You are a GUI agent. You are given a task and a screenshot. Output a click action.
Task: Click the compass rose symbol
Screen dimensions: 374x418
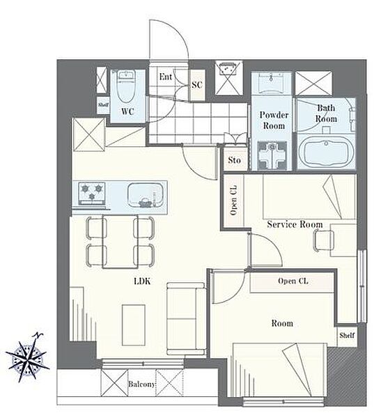(27, 358)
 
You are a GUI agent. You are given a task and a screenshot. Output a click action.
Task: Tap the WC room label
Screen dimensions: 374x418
(127, 111)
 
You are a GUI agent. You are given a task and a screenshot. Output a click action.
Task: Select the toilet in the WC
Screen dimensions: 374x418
(126, 87)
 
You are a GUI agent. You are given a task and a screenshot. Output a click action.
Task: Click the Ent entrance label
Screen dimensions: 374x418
(166, 77)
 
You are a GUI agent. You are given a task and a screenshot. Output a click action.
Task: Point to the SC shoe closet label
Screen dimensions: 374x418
(197, 85)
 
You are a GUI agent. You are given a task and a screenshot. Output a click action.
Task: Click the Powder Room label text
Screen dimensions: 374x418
(274, 121)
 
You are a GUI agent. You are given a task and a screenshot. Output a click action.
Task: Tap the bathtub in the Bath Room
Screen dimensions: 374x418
(326, 152)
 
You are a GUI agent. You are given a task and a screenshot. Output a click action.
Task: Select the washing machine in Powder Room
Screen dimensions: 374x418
(272, 155)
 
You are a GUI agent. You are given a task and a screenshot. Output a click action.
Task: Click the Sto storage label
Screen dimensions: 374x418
(234, 160)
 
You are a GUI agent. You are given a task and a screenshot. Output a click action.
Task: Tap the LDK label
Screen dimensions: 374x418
(143, 281)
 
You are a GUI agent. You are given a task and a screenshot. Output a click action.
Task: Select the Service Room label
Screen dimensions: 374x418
(295, 224)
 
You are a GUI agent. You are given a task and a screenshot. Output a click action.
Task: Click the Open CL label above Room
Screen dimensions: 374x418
(293, 281)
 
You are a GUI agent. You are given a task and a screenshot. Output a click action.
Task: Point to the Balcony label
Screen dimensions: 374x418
(141, 384)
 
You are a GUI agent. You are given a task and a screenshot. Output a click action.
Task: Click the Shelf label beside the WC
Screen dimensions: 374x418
(103, 104)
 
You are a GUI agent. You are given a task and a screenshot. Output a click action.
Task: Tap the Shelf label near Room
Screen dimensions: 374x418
(347, 336)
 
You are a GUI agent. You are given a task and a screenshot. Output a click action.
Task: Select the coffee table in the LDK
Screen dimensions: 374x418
(134, 325)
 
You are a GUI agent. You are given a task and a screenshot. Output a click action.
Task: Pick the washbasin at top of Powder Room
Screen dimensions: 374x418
(272, 83)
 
